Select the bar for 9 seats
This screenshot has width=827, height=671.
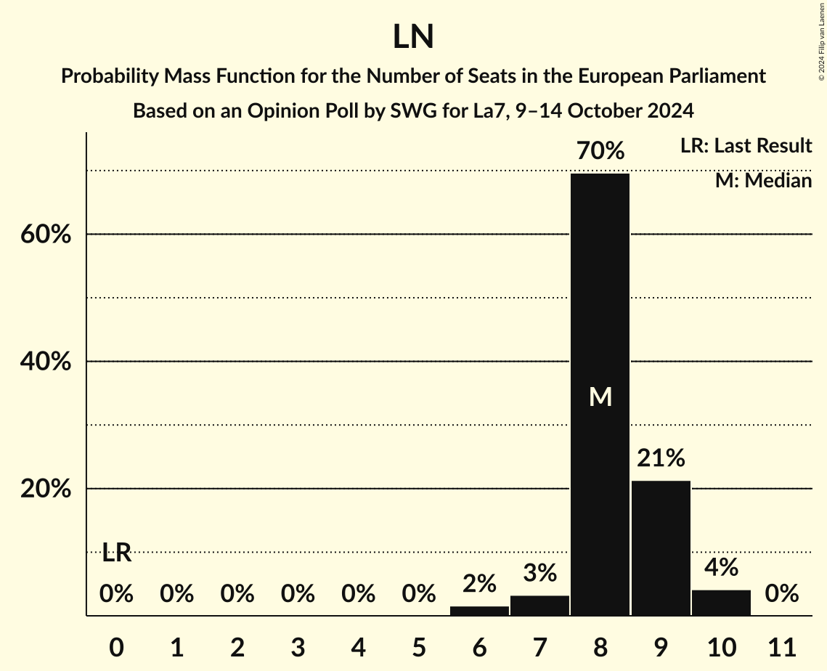[x=661, y=548]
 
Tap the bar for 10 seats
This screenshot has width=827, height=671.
[x=721, y=603]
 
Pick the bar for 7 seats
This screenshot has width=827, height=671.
[x=539, y=606]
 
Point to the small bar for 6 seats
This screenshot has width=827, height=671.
[x=479, y=611]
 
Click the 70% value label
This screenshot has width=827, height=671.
[x=600, y=152]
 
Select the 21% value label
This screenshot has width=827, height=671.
[x=661, y=458]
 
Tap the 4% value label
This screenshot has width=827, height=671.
[x=721, y=567]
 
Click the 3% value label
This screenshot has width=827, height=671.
[x=539, y=573]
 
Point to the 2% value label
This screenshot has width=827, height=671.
[x=479, y=583]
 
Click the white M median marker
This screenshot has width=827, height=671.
[x=600, y=396]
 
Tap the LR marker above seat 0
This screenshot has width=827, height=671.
[x=116, y=553]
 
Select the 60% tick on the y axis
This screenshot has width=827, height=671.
[x=45, y=235]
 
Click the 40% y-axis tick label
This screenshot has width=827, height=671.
[x=45, y=362]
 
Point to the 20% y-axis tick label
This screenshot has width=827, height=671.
[x=45, y=489]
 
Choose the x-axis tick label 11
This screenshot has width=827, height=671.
[x=781, y=646]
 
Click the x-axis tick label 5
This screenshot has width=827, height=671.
[x=419, y=646]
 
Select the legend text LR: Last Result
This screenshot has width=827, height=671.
[x=746, y=146]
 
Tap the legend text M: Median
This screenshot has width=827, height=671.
[x=763, y=180]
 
